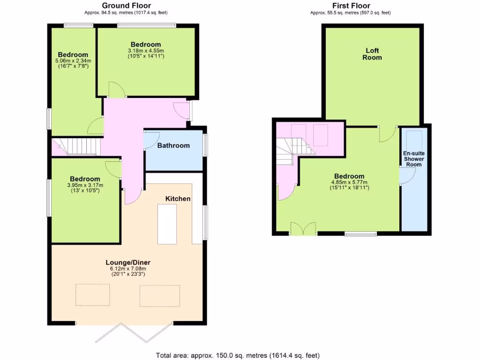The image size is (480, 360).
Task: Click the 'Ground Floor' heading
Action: point(126,6)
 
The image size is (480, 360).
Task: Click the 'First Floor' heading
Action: point(351,6)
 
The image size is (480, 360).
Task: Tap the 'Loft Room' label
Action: point(372,54)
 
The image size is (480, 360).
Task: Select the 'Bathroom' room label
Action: point(173,145)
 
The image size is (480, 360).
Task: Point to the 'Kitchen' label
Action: point(178,199)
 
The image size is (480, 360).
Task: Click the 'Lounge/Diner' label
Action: point(127,262)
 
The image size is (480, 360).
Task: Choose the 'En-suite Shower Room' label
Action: point(413,159)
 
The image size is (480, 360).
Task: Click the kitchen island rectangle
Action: point(167,225)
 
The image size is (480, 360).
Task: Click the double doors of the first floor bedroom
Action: point(303,229)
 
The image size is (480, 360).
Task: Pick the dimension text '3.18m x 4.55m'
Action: point(146,51)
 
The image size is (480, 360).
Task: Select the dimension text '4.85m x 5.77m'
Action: point(349,182)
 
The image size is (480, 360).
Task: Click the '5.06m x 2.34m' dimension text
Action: point(73,60)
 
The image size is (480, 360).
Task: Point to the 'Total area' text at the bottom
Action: point(238,355)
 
